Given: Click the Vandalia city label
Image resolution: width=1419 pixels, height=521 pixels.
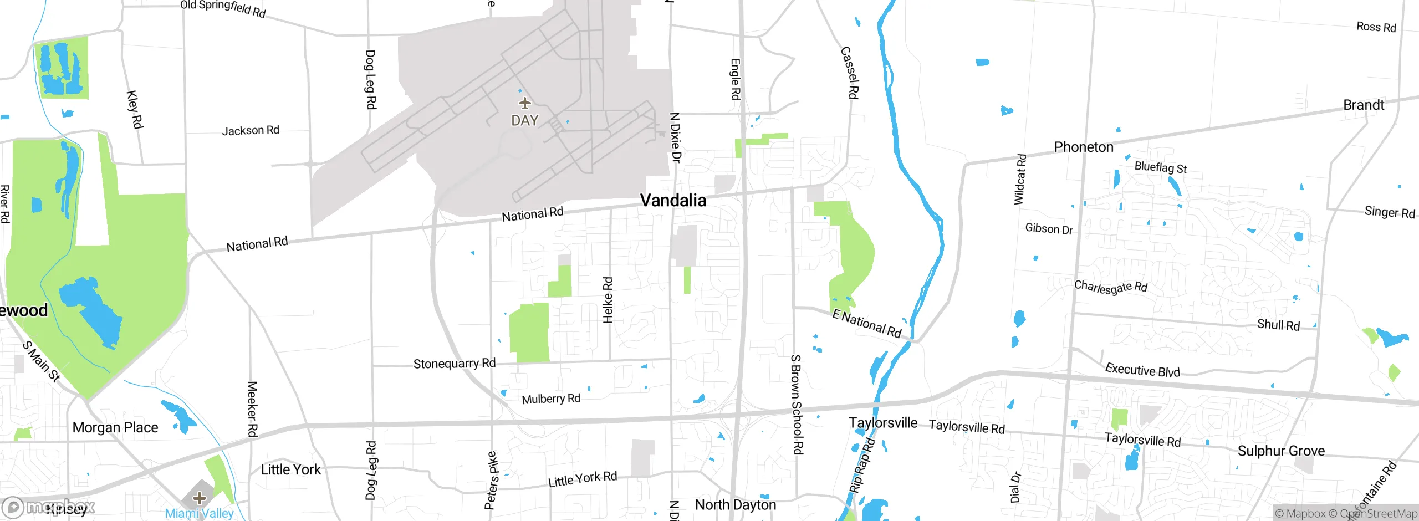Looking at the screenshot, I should click(673, 200).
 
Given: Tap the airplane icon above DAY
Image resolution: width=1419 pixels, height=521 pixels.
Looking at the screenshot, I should click(524, 103).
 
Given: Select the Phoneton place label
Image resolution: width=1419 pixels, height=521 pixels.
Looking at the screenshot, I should click(1083, 147).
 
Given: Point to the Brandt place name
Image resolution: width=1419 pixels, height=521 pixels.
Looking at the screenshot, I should click(1363, 105).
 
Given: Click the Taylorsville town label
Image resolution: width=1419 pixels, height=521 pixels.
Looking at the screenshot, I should click(883, 422).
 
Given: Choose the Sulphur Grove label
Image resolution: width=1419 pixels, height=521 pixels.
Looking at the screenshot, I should click(1281, 451).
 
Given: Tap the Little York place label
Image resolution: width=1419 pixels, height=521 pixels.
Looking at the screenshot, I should click(290, 469).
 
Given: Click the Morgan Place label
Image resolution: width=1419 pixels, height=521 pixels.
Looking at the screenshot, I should click(115, 427).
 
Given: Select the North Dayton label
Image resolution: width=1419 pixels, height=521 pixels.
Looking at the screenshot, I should click(736, 504).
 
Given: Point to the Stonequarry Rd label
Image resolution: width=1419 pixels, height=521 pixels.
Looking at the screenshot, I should click(455, 364).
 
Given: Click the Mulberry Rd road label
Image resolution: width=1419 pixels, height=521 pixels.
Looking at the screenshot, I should click(551, 399).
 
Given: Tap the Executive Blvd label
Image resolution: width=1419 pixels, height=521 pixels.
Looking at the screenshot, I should click(1142, 370).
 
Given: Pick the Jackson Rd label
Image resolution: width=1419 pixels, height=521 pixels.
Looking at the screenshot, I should click(251, 130).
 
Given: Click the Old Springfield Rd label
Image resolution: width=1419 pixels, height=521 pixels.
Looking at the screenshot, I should click(223, 8).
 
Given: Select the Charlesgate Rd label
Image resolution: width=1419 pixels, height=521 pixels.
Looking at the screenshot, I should click(1111, 287).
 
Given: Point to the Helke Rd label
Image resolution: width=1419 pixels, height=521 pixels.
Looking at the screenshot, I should click(608, 300).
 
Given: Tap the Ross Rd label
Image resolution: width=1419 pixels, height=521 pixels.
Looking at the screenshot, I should click(1376, 27).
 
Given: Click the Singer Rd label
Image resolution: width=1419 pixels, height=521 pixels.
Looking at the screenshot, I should click(1390, 212).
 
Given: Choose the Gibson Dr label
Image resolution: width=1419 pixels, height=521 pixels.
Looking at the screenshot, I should click(1049, 229).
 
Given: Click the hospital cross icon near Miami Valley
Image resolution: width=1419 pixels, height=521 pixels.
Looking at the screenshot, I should click(200, 498).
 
